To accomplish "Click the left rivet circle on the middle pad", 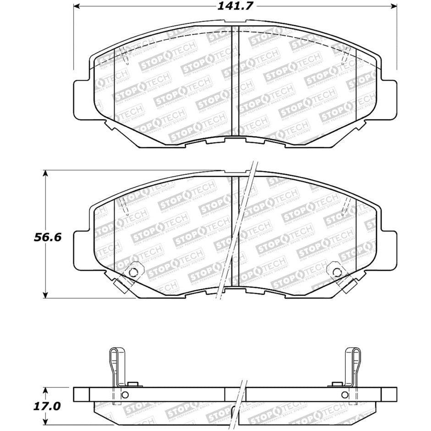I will pyautogui.click(x=133, y=271).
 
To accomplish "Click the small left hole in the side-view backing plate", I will pyautogui.click(x=125, y=396).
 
